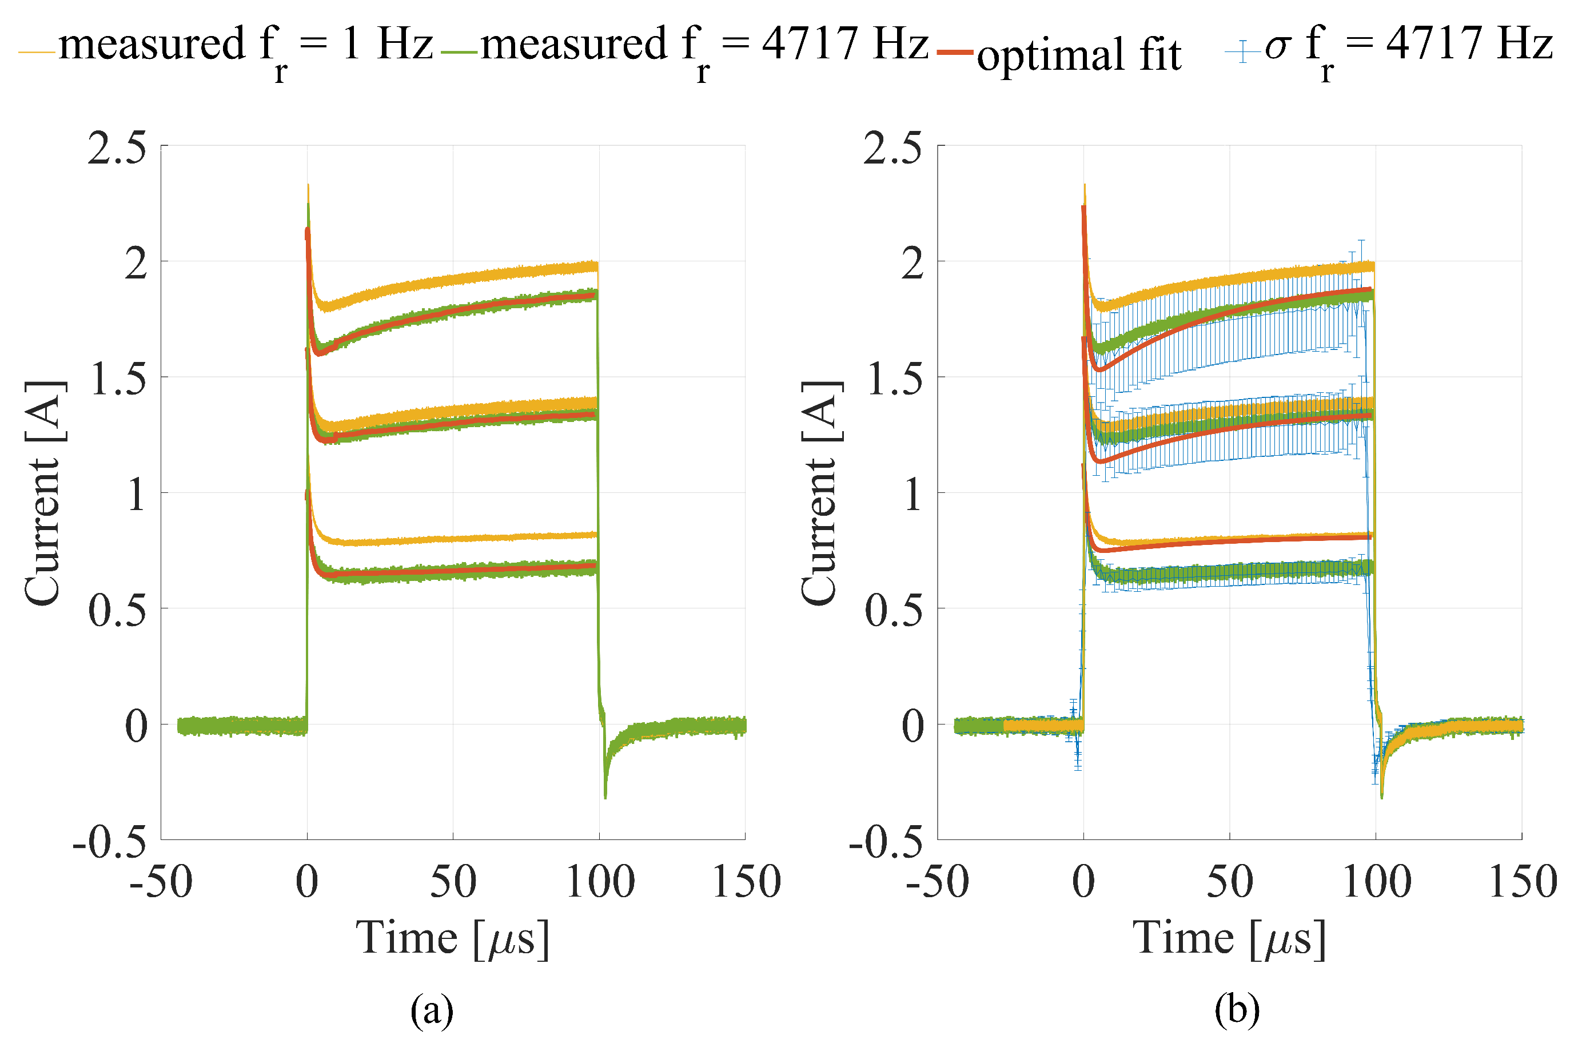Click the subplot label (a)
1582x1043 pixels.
tap(432, 1010)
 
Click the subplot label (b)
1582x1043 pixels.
tap(1237, 1010)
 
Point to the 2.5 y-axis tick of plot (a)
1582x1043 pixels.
tap(117, 147)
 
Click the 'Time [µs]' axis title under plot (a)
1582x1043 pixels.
tap(453, 938)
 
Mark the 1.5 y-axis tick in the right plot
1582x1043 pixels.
tap(894, 380)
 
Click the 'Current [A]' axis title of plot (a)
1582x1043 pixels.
tap(44, 493)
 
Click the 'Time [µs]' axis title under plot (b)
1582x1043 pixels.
tap(1230, 938)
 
